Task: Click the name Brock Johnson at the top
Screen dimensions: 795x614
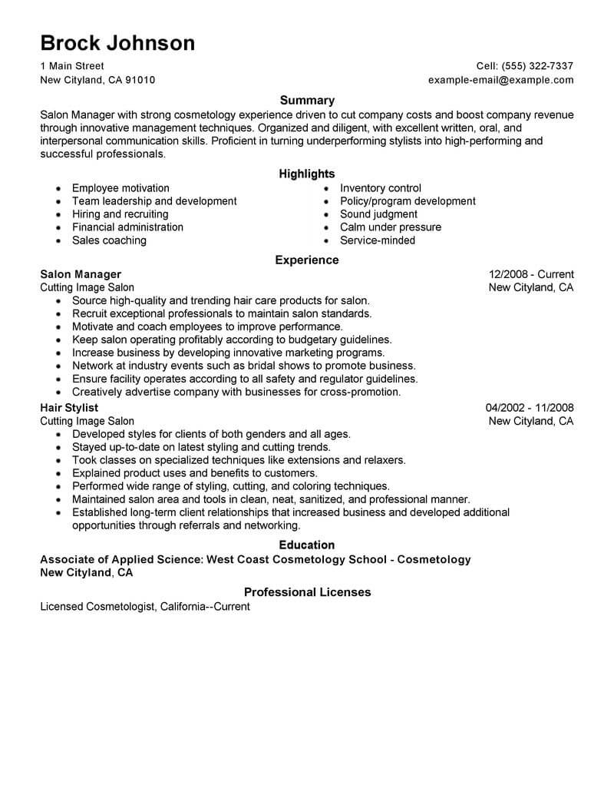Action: coord(117,42)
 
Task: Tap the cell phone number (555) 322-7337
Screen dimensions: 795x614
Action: coord(536,66)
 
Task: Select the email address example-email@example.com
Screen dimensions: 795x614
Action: coord(500,80)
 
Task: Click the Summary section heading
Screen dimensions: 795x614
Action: coord(307,100)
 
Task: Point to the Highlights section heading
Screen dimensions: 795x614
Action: coord(307,174)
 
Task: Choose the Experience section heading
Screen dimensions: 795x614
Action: coord(307,260)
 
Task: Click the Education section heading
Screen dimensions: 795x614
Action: coord(307,545)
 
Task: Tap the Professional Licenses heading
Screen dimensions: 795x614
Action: coord(307,592)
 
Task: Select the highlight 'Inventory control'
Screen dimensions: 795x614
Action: coord(381,188)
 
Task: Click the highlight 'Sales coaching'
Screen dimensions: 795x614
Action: coord(109,240)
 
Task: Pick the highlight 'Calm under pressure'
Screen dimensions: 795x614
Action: coord(391,227)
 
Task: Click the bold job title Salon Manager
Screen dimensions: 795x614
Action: coord(81,274)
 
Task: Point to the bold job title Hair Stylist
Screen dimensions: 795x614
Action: coord(69,408)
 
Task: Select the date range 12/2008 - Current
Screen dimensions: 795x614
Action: coord(531,274)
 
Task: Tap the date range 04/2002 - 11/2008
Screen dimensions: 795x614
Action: coord(530,408)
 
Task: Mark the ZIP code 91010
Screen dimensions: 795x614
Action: coord(140,80)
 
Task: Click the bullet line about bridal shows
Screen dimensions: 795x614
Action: coord(244,366)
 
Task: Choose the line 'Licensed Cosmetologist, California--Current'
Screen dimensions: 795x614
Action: coord(145,607)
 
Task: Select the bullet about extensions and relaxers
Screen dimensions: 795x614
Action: coord(239,460)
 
